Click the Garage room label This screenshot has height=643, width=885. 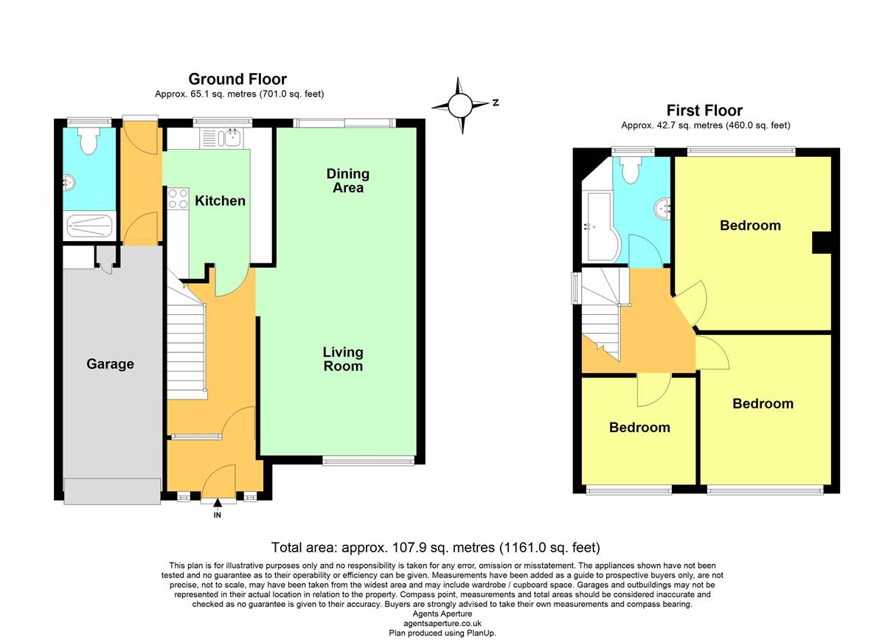coord(110,364)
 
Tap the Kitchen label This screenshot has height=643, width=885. coord(220,201)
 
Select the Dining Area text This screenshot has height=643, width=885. coord(347,181)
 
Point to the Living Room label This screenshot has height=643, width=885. coord(343,359)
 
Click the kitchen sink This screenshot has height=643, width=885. coord(222,139)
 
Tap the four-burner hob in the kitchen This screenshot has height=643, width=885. coord(178,198)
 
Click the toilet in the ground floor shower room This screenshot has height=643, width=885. coord(89,140)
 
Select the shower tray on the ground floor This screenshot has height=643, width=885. coord(90,226)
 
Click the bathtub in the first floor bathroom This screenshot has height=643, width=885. coord(601,226)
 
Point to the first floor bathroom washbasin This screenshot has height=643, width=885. coord(662,209)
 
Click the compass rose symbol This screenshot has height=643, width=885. coord(460,105)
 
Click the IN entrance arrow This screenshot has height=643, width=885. coord(218,503)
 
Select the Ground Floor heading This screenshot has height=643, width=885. coord(237,79)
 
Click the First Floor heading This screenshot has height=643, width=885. coord(704,110)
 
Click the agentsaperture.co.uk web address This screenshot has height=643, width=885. coord(442,623)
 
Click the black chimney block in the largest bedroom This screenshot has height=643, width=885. coord(822,243)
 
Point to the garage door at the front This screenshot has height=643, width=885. coord(112,491)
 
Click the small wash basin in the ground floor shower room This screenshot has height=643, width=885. coord(69,182)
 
